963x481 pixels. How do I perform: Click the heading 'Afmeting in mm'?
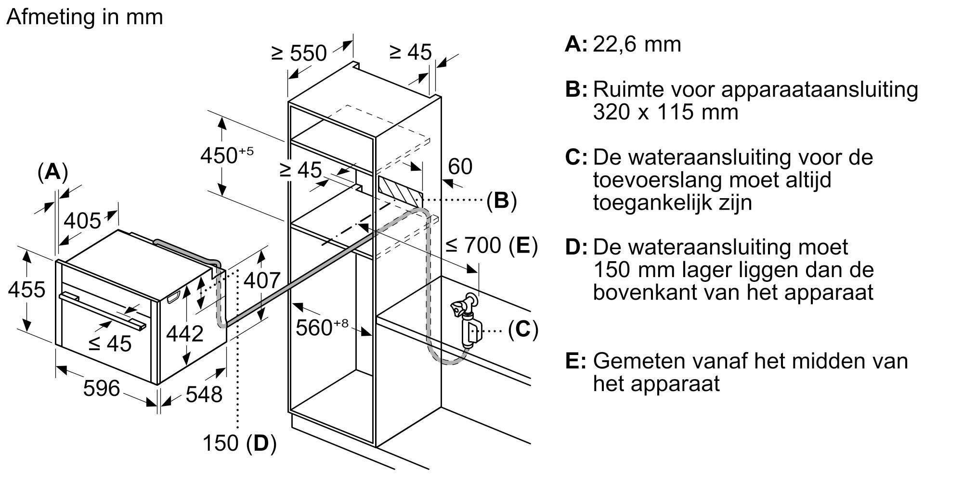[x=85, y=17]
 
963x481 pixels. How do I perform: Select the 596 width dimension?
[x=101, y=388]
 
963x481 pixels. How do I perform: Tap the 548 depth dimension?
[x=204, y=394]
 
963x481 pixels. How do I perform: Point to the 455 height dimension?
[x=27, y=290]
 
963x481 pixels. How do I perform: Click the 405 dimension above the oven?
[x=82, y=221]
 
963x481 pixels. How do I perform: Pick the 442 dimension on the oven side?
[x=184, y=333]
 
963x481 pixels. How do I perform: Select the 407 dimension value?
[x=261, y=280]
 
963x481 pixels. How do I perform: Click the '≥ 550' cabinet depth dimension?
[x=299, y=53]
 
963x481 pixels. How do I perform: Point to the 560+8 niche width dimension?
[x=322, y=328]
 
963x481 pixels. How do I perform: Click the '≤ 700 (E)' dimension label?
[x=491, y=245]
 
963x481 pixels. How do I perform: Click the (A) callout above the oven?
[x=52, y=172]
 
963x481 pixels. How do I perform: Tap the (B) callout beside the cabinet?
[x=501, y=200]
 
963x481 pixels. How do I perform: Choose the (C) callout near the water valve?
[x=523, y=329]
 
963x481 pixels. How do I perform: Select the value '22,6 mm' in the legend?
[x=637, y=44]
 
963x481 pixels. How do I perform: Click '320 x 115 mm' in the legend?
[x=665, y=112]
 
